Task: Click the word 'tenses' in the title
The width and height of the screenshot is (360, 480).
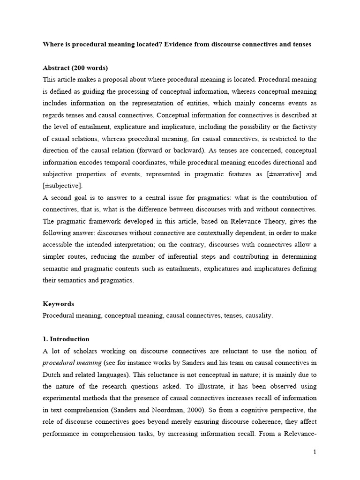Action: coord(300,45)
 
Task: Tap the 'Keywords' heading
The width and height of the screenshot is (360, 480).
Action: coord(58,304)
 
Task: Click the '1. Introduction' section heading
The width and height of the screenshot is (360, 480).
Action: coord(66,339)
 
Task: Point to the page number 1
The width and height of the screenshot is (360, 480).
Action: coord(315,452)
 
